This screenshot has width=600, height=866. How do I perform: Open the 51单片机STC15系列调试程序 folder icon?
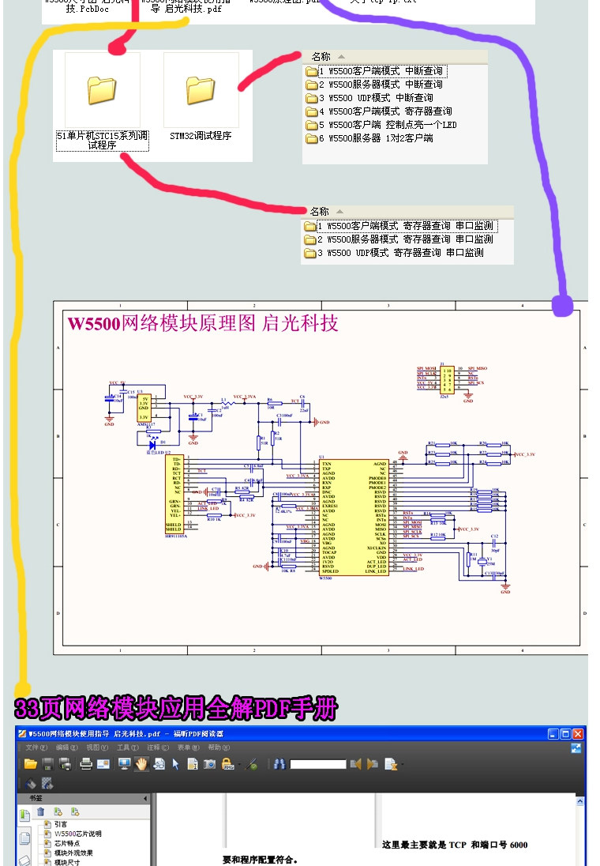point(102,91)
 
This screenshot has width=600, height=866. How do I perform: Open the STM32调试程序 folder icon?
point(201,91)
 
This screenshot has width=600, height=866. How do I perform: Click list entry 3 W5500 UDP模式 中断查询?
point(376,98)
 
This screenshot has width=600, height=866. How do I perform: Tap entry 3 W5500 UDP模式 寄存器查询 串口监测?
point(399,253)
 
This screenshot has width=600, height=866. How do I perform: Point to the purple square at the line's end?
point(562,305)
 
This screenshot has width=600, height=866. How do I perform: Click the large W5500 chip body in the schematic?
point(353,518)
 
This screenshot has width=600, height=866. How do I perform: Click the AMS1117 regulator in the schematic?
point(144,409)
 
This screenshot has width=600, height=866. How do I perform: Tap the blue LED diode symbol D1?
point(152,444)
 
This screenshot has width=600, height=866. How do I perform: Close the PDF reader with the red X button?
point(578,734)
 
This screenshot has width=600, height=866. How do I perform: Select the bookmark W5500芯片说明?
point(77,834)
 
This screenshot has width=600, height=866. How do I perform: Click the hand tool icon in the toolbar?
point(141,764)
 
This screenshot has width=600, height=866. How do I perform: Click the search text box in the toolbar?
point(317,764)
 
